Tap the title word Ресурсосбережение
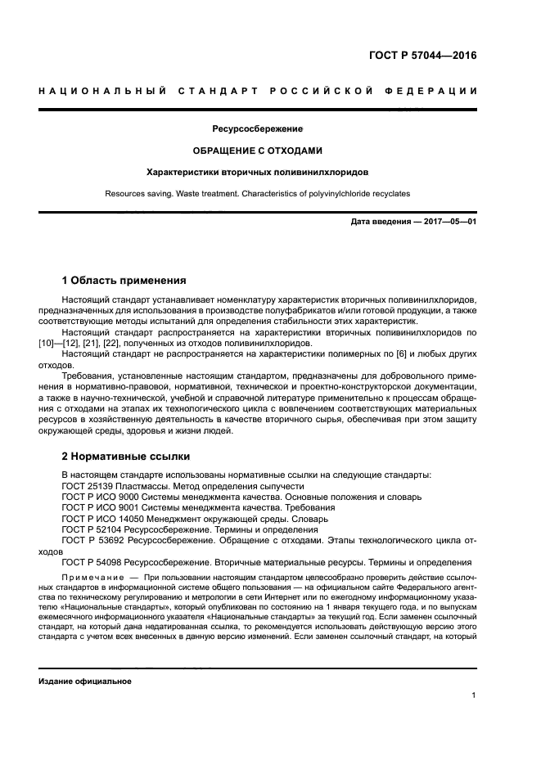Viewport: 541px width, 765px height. coord(257,129)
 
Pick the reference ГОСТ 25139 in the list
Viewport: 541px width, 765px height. coord(90,485)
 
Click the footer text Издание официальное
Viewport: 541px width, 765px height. coord(84,681)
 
